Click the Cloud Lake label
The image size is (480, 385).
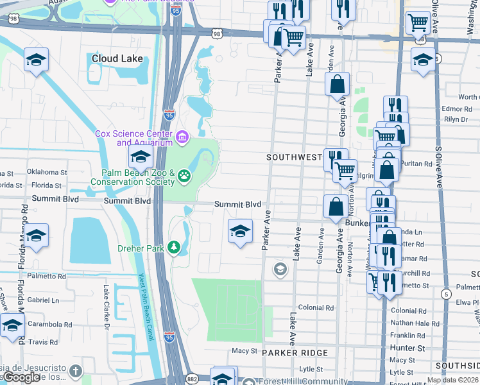click(117, 58)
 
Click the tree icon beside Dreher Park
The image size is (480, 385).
click(173, 248)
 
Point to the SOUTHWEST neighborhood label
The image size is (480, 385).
click(294, 157)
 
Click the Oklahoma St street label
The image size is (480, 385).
click(47, 172)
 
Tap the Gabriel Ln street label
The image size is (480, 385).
click(43, 300)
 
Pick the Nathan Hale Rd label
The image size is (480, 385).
click(411, 323)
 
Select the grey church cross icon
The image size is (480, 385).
click(76, 372)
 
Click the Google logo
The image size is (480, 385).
click(21, 377)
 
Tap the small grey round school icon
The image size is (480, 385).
click(279, 269)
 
